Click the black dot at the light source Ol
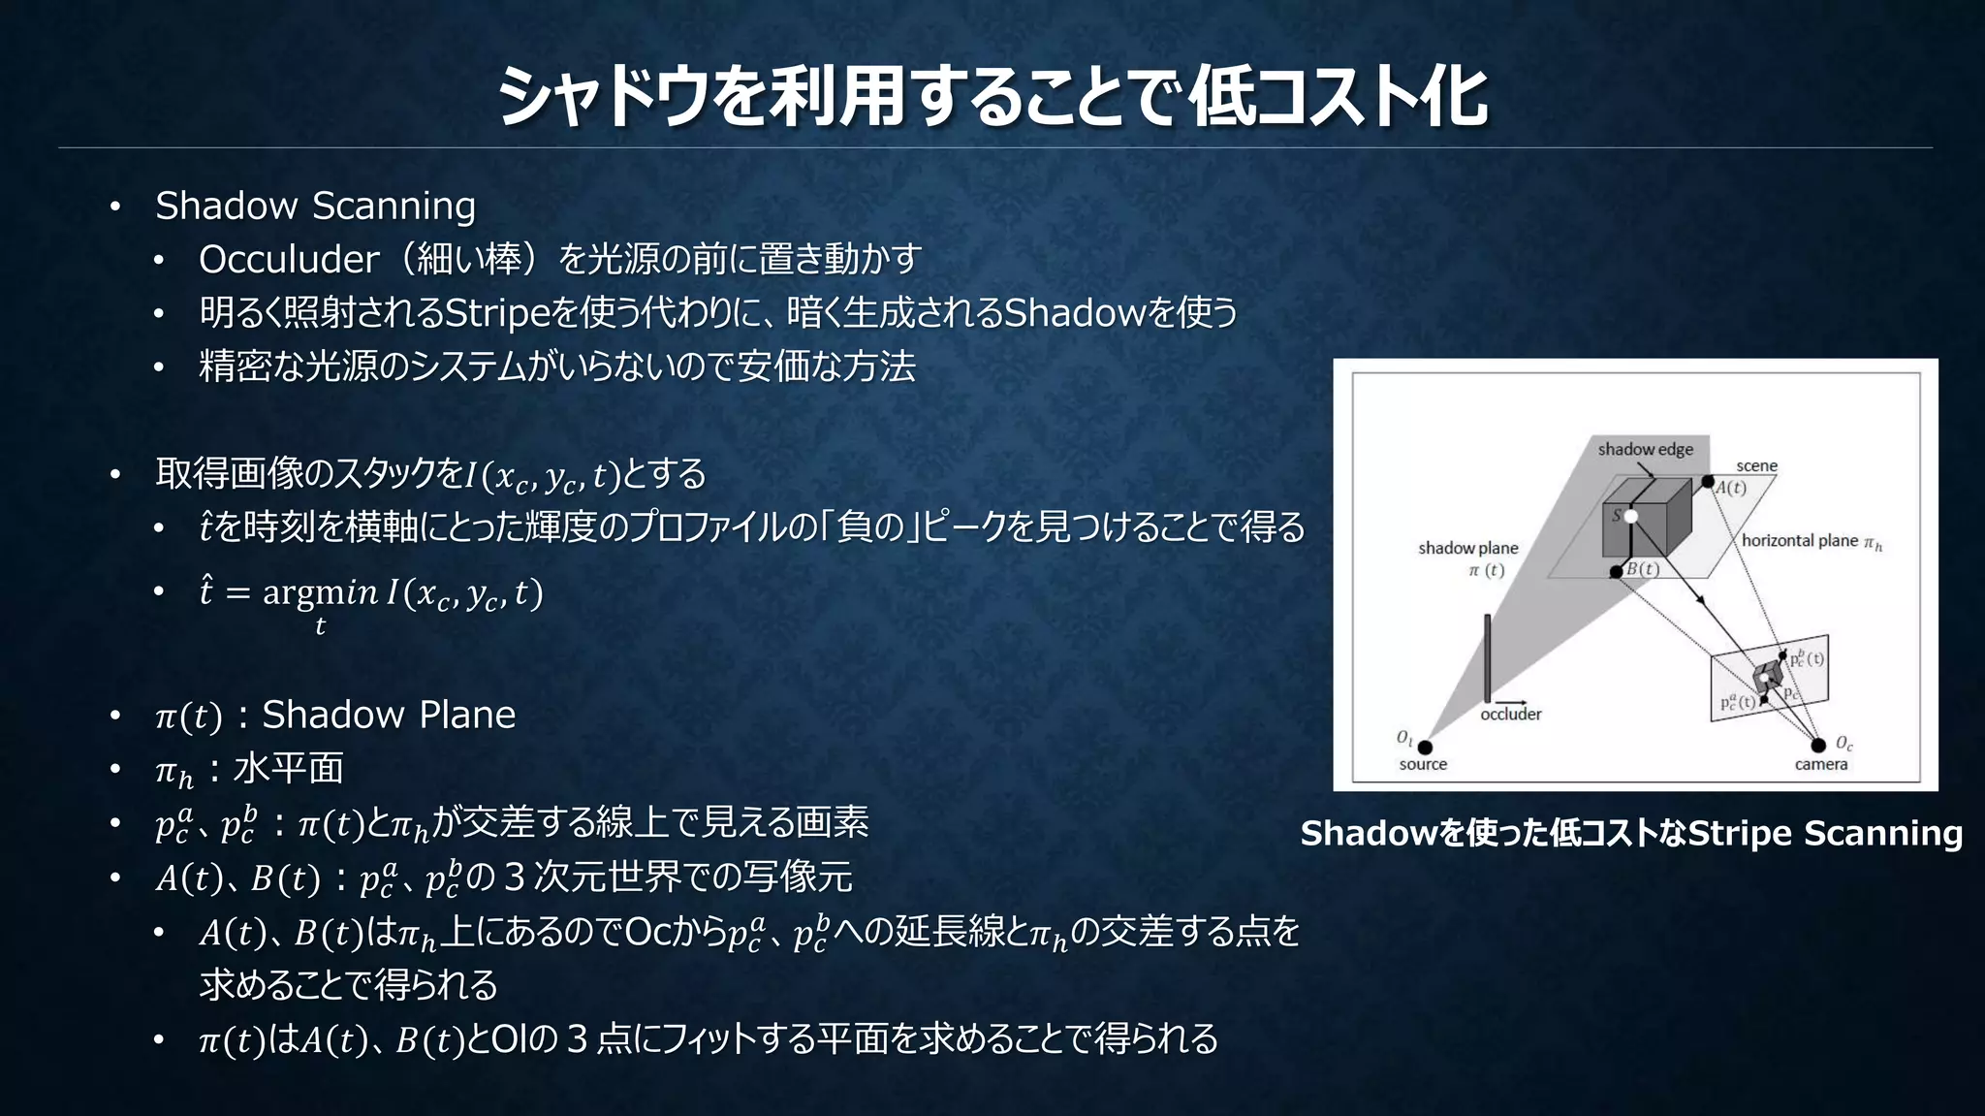pos(1425,747)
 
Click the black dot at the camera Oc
pos(1818,745)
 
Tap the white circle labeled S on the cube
pos(1631,516)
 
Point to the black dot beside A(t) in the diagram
pos(1708,482)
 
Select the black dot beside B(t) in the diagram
pos(1616,572)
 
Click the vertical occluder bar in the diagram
pos(1487,657)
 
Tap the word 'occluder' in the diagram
pos(1510,715)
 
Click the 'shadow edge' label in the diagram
pos(1645,449)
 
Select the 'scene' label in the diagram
pos(1756,465)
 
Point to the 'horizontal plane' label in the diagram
pos(1800,541)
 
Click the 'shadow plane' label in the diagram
pos(1467,548)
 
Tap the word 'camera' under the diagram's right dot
pos(1820,764)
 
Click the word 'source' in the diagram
pos(1423,764)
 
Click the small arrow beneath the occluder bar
pos(1510,702)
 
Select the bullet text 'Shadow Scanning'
pos(315,206)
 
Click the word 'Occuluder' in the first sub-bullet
pos(289,259)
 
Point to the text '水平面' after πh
pos(289,769)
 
